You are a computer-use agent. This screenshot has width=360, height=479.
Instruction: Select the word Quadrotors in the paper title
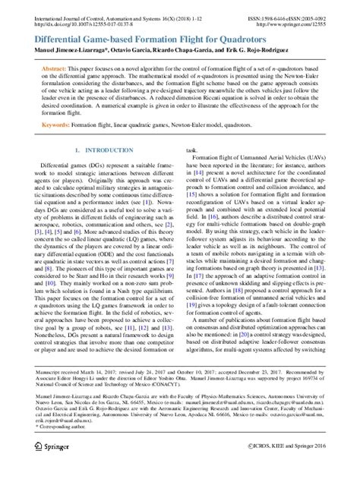tap(252, 36)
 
